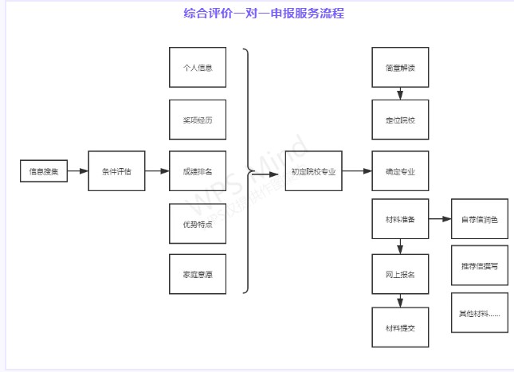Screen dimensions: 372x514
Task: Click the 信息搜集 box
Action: click(x=43, y=171)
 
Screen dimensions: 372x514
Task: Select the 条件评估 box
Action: click(x=116, y=171)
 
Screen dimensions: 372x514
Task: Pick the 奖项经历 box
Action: click(x=198, y=119)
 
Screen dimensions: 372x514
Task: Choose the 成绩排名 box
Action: click(x=198, y=171)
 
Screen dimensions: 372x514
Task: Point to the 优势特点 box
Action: click(x=198, y=223)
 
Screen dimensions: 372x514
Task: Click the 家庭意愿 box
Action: click(x=198, y=274)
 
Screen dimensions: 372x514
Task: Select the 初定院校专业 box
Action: click(x=314, y=171)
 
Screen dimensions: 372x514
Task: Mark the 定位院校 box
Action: click(x=400, y=119)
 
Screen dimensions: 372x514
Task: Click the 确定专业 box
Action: click(x=400, y=171)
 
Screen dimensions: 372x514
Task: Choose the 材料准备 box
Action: click(x=400, y=219)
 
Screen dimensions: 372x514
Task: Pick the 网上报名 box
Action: click(x=400, y=274)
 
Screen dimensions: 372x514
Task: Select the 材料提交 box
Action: click(x=400, y=327)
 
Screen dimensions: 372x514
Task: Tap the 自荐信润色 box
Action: click(x=479, y=219)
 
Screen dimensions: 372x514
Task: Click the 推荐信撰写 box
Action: click(x=479, y=266)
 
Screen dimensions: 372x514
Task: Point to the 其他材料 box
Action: click(x=479, y=313)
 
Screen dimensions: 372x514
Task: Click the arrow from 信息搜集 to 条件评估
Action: click(x=77, y=171)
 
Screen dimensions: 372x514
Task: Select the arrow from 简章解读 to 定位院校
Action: click(x=400, y=93)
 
